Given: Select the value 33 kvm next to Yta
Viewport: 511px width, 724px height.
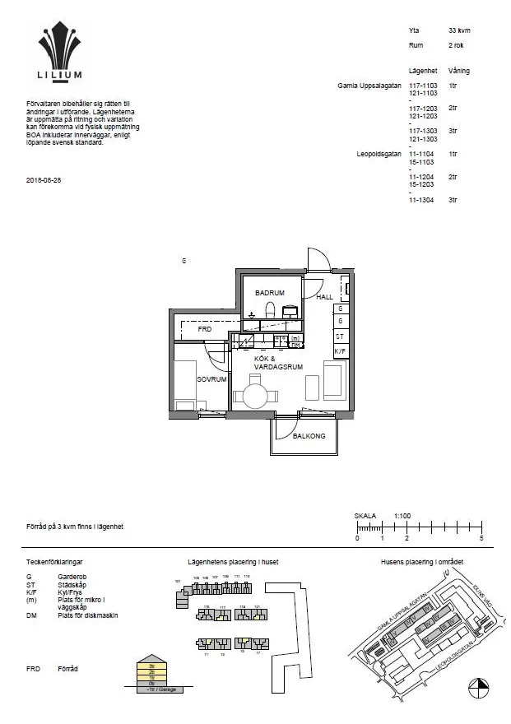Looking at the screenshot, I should pyautogui.click(x=459, y=30).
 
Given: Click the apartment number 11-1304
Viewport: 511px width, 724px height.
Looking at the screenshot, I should pyautogui.click(x=422, y=200).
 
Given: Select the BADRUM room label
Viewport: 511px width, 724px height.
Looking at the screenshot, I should pyautogui.click(x=269, y=293).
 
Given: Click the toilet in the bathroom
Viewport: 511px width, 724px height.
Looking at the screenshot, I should pyautogui.click(x=269, y=309).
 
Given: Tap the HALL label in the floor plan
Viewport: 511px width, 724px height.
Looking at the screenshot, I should pyautogui.click(x=325, y=297).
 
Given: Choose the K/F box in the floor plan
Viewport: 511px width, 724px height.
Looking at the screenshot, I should pyautogui.click(x=340, y=351).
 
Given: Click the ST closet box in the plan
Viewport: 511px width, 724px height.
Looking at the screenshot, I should pyautogui.click(x=340, y=336).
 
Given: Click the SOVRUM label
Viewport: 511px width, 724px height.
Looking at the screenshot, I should pyautogui.click(x=211, y=379).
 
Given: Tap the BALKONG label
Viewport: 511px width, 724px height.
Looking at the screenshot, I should pyautogui.click(x=309, y=436).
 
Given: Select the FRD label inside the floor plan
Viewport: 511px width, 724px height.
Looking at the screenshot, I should pyautogui.click(x=205, y=329).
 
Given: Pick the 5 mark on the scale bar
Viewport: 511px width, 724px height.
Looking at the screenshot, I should pyautogui.click(x=481, y=538).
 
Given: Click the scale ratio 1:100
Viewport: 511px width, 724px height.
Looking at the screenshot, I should pyautogui.click(x=402, y=516).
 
